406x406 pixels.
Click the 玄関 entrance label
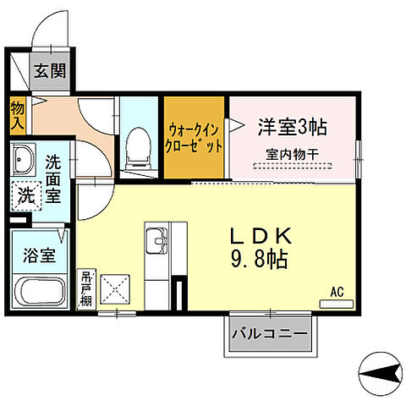click(x=49, y=70)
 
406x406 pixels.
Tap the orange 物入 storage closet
click(x=17, y=114)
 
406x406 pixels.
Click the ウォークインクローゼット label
click(x=195, y=137)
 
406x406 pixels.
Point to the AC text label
click(x=337, y=293)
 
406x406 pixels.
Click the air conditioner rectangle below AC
click(x=336, y=303)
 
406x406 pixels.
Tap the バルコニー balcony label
click(x=269, y=335)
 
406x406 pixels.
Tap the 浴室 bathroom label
click(x=41, y=255)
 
